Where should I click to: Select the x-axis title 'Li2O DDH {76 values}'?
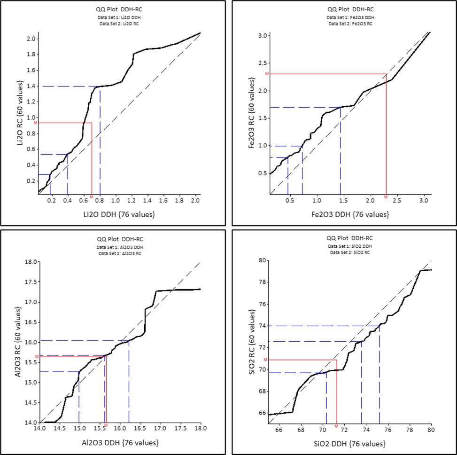119,214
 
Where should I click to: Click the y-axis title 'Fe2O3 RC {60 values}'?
252,113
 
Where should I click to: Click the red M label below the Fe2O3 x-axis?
386,197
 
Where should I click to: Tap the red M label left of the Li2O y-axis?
36,123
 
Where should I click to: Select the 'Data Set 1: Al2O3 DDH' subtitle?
120,247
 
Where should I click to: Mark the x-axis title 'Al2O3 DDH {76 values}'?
120,443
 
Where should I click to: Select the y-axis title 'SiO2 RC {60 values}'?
252,342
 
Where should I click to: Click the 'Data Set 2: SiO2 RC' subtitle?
350,252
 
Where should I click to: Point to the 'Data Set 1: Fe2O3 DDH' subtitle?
350,17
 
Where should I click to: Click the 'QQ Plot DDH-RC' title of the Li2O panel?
119,9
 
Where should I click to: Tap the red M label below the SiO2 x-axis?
336,426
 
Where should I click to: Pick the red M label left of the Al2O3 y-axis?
37,357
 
